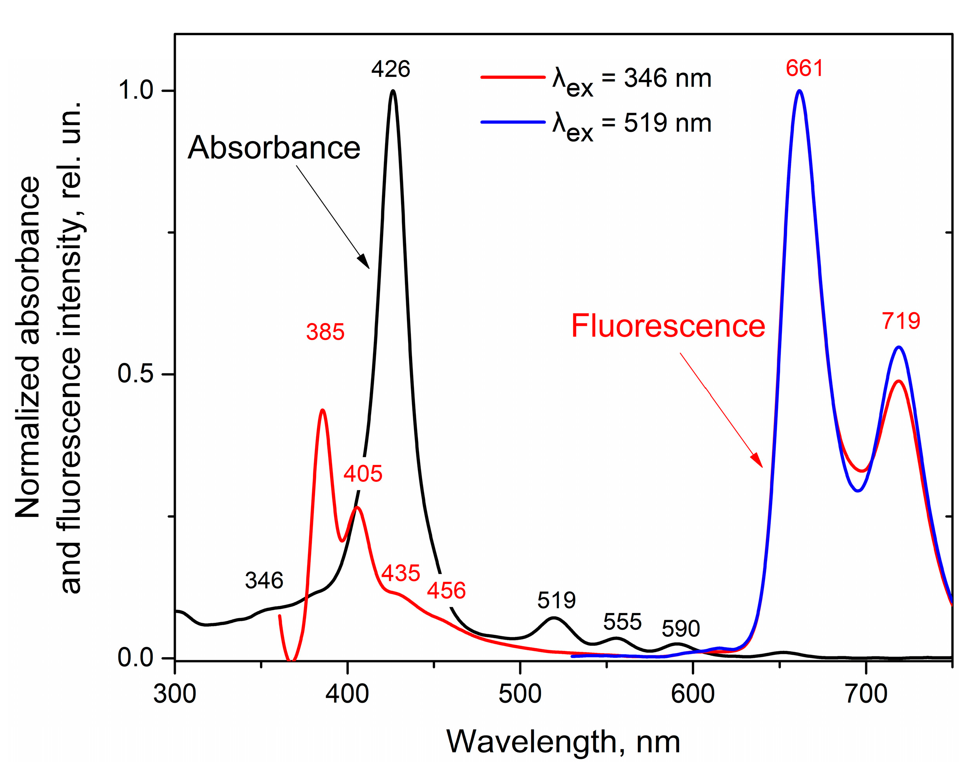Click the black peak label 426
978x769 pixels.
[x=391, y=69]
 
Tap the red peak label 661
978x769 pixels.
[x=804, y=69]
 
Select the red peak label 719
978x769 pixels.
[x=901, y=321]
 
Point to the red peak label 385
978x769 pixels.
[x=325, y=332]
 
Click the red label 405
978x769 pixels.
[x=363, y=474]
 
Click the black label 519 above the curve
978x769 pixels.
[x=557, y=600]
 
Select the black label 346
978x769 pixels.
[x=264, y=580]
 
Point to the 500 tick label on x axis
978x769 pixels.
[x=520, y=694]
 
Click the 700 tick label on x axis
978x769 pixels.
[x=866, y=694]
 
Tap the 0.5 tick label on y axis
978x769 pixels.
[x=136, y=373]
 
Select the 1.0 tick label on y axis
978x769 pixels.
[x=136, y=90]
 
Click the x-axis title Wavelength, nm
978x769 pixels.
[x=563, y=742]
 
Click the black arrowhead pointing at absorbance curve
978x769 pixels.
[x=364, y=262]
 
